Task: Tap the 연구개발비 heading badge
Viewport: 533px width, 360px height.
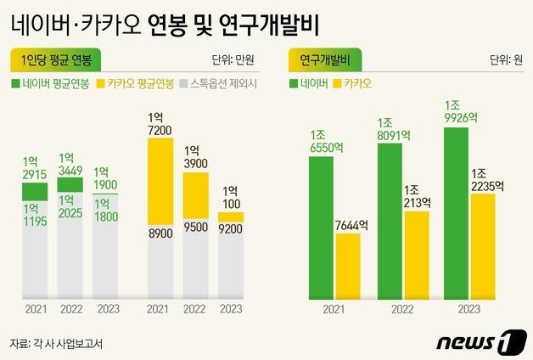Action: [x=326, y=59]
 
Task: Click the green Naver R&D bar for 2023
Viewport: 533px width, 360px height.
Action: [x=456, y=212]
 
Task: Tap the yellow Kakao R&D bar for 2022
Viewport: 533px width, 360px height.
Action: [x=415, y=255]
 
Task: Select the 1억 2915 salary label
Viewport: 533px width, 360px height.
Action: [x=34, y=167]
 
